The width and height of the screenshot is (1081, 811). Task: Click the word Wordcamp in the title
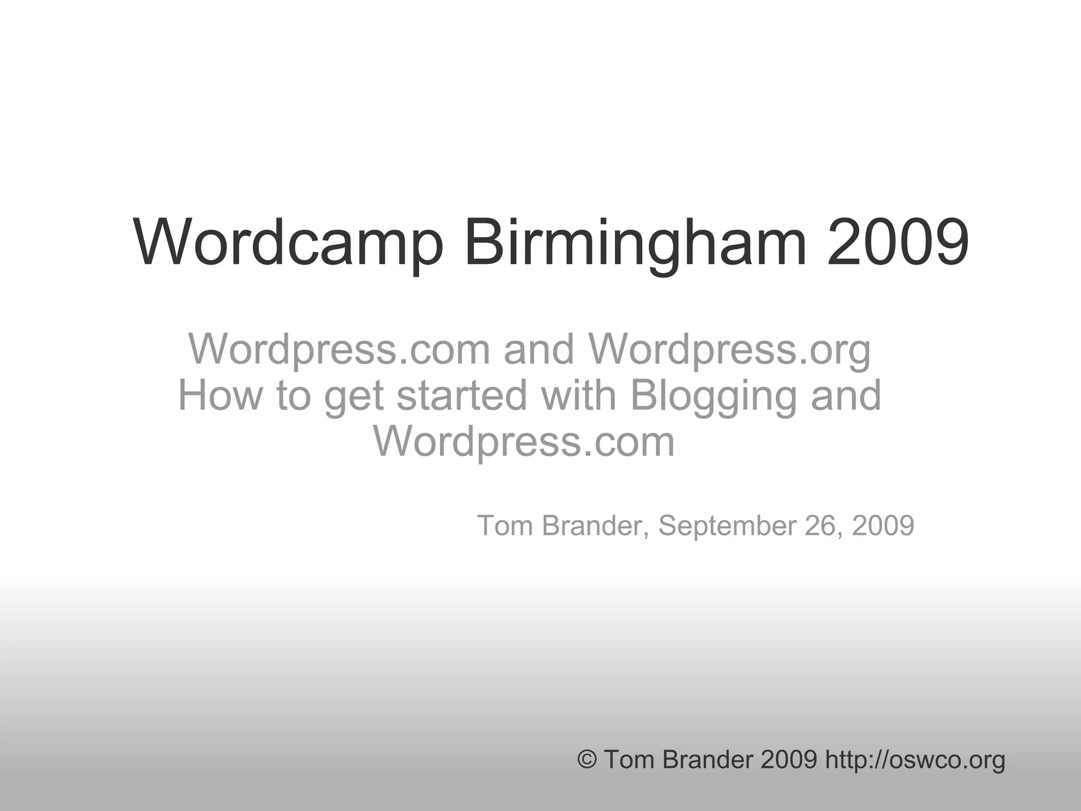coord(288,242)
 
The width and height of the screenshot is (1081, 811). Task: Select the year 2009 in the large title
coord(898,242)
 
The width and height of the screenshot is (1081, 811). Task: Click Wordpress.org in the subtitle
coord(729,350)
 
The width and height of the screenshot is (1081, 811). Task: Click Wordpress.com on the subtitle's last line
coord(524,441)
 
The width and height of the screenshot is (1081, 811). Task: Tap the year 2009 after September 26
coord(883,525)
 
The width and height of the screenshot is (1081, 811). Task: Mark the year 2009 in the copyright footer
coord(789,760)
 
